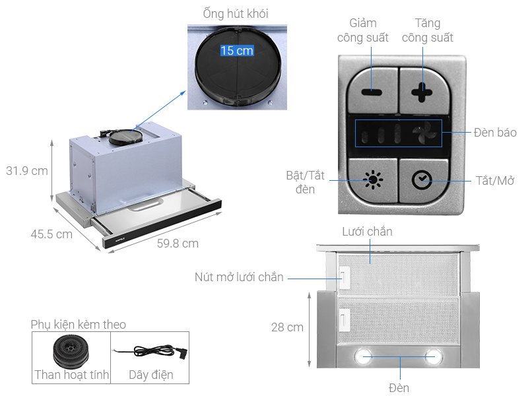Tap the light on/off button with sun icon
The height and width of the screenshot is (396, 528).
pos(374,180)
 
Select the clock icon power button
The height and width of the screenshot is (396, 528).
pos(421,180)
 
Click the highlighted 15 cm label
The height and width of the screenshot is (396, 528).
pos(236,51)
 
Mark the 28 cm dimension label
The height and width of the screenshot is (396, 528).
pos(287,327)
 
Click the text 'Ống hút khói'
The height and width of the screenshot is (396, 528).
pos(236,13)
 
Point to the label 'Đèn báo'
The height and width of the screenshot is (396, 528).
pos(495,133)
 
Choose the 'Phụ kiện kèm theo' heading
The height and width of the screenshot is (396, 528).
pos(78,325)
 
